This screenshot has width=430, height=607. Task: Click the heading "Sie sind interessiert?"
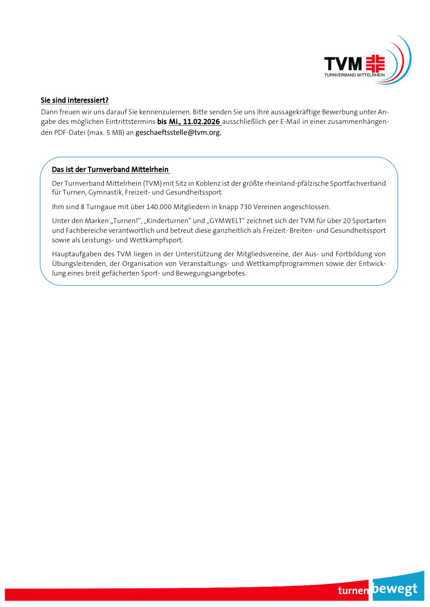point(75,101)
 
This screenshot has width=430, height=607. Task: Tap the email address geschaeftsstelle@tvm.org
point(178,132)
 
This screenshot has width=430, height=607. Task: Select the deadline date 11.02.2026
point(201,122)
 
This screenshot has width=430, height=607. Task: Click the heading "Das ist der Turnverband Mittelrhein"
point(110,169)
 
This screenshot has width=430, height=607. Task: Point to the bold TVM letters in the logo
point(343,63)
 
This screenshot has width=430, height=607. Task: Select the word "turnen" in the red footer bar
point(353,591)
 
